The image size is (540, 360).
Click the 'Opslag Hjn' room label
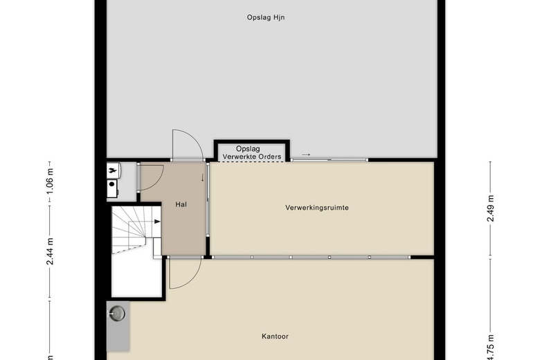pyautogui.click(x=266, y=17)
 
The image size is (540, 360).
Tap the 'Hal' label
pyautogui.click(x=181, y=204)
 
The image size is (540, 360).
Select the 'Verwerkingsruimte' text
pyautogui.click(x=317, y=208)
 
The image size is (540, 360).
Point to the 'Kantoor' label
pyautogui.click(x=275, y=336)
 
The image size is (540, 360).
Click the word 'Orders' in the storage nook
pyautogui.click(x=269, y=156)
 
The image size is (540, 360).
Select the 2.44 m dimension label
pyautogui.click(x=51, y=251)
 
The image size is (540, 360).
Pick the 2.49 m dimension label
pyautogui.click(x=490, y=208)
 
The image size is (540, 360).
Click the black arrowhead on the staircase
pyautogui.click(x=157, y=222)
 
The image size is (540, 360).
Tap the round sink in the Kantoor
pyautogui.click(x=118, y=314)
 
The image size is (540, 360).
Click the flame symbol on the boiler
pyautogui.click(x=112, y=170)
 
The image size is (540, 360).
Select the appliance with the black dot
pyautogui.click(x=112, y=189)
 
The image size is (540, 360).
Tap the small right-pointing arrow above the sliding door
pyautogui.click(x=306, y=154)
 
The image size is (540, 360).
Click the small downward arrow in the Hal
pyautogui.click(x=202, y=178)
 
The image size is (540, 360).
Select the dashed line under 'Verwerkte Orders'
pyautogui.click(x=252, y=161)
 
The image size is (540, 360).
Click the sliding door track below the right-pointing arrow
pyautogui.click(x=330, y=160)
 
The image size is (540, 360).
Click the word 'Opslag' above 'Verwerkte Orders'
pyautogui.click(x=248, y=149)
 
